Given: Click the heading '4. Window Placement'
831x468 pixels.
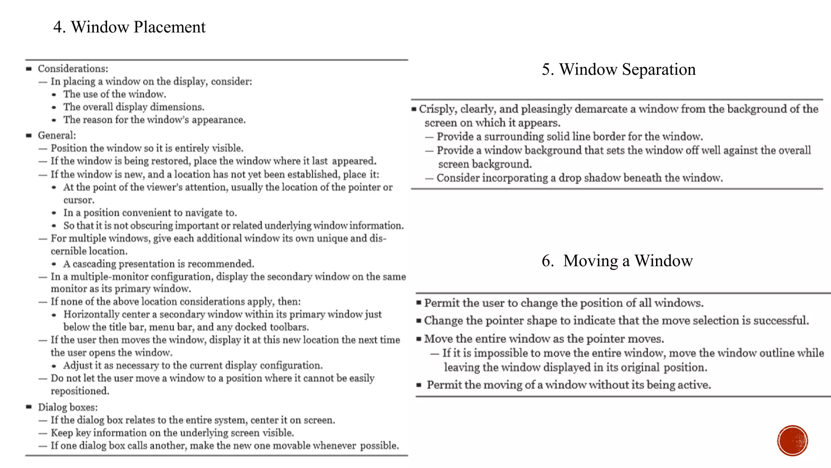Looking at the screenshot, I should (x=129, y=27).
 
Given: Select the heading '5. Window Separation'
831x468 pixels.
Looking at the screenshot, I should (x=618, y=69).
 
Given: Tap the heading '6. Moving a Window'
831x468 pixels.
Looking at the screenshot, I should (x=617, y=261).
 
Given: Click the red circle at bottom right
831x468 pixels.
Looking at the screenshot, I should (x=792, y=441).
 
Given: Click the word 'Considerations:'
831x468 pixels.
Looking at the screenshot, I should (x=73, y=69).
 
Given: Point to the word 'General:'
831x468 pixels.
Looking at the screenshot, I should (x=57, y=135).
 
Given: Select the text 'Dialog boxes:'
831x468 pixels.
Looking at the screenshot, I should (x=68, y=407).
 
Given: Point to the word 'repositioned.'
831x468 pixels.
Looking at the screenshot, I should (x=80, y=391).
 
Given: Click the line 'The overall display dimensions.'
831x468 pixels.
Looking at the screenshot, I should (x=133, y=107).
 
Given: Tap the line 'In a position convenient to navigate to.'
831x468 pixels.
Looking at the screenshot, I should (x=150, y=213).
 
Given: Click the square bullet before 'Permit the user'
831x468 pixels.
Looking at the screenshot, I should (x=419, y=303).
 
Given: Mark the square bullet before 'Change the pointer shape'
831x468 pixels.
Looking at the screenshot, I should (x=419, y=321).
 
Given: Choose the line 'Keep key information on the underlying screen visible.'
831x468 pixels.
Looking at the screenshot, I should (x=172, y=433).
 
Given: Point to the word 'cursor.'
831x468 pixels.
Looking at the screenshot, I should (x=79, y=200).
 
